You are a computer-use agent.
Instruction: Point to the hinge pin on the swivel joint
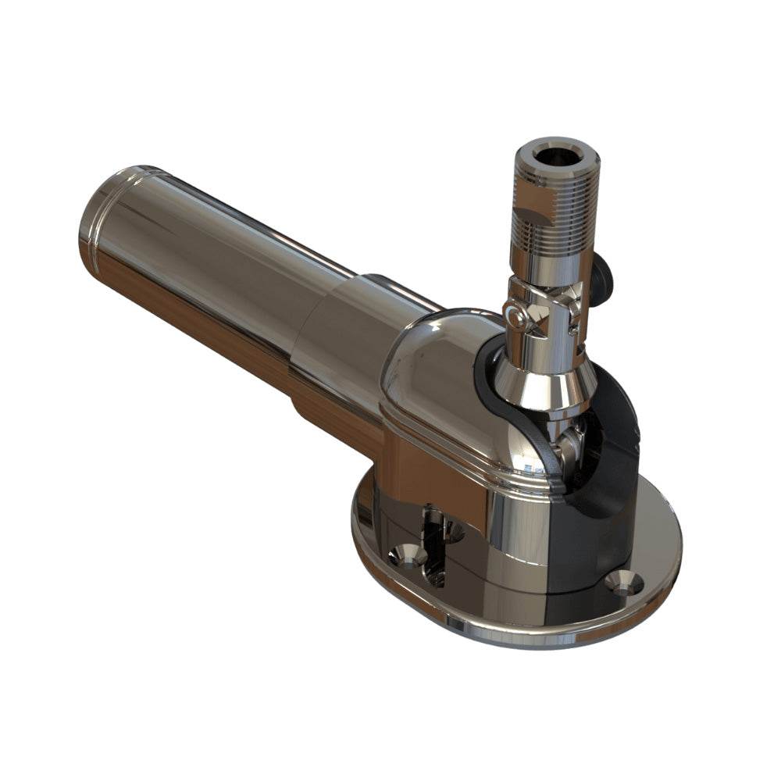point(515,317)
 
